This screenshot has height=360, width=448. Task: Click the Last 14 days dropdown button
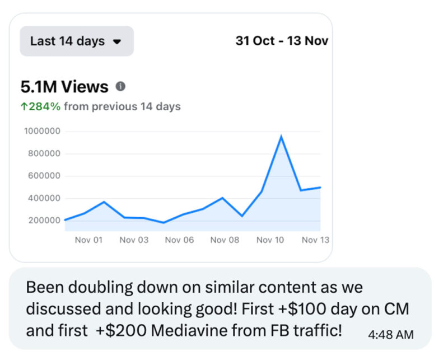pos(77,41)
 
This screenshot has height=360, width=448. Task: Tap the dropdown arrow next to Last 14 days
pos(117,41)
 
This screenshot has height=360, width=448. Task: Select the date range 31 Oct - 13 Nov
pos(282,41)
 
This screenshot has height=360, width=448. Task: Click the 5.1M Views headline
pos(64,87)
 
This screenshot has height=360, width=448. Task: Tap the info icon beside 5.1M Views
pos(120,87)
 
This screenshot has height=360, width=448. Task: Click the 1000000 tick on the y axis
pos(43,132)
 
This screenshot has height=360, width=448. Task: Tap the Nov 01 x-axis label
pos(88,240)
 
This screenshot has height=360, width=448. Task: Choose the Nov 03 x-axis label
pos(134,240)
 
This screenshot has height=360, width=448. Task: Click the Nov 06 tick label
pos(179,240)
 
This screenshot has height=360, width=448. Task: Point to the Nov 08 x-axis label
pos(225,240)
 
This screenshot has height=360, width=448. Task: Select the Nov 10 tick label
pos(270,240)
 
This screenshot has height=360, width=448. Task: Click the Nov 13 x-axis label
pos(315,240)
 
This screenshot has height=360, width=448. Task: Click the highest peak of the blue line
pos(281,136)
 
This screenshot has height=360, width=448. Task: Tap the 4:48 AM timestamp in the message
pos(391,335)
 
